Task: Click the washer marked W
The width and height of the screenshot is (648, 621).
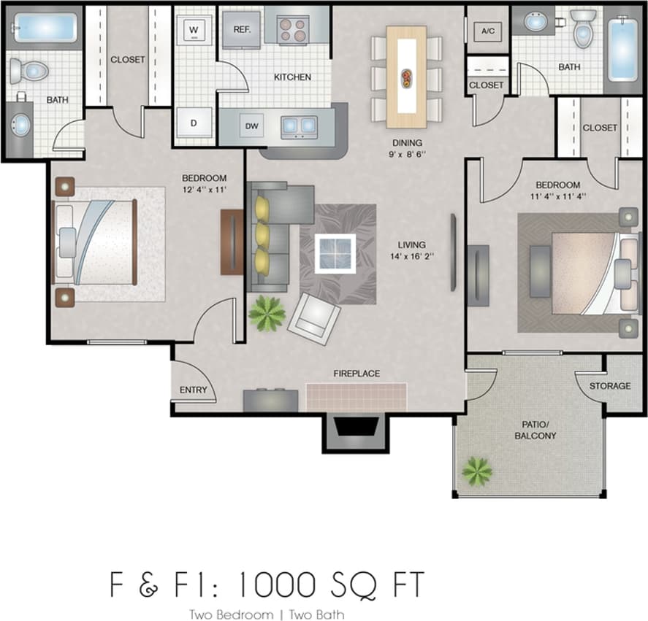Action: (x=194, y=30)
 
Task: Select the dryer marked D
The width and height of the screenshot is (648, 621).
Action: (x=194, y=123)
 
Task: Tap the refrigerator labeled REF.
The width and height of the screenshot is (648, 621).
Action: (x=242, y=30)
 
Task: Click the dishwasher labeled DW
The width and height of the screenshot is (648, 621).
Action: (x=252, y=126)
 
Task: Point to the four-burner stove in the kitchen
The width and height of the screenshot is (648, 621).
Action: (x=295, y=30)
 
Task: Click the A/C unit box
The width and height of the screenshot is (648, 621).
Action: (x=487, y=31)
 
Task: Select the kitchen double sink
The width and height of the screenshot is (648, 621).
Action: (x=300, y=126)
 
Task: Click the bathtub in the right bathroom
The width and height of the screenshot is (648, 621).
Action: (x=623, y=49)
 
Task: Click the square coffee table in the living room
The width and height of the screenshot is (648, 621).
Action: (x=335, y=253)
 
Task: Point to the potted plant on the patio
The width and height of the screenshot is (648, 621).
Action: (x=476, y=471)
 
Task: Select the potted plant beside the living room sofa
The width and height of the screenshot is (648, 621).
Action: (x=267, y=314)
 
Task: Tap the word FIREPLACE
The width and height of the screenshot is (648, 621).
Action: (x=357, y=374)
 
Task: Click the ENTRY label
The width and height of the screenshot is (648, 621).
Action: (x=194, y=390)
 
